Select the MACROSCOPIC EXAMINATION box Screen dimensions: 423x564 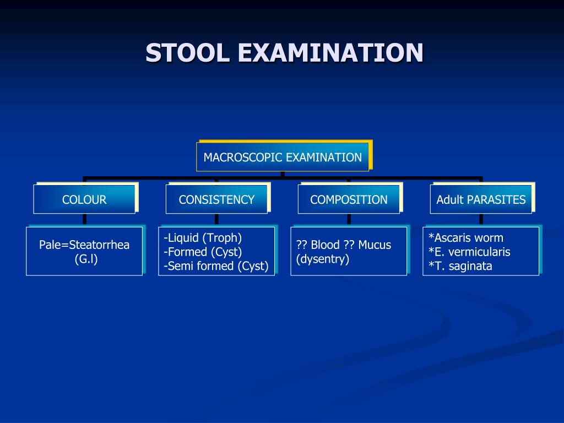283,157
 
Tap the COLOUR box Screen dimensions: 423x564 84,199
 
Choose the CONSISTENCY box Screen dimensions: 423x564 216,199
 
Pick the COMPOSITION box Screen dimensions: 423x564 349,199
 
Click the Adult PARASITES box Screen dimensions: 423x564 481,199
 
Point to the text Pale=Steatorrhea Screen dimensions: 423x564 84,245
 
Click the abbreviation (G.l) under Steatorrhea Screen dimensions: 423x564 86,259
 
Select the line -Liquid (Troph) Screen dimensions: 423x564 203,238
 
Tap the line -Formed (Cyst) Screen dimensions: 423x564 203,252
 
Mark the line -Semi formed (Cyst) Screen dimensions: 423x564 216,267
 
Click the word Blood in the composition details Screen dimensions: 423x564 325,245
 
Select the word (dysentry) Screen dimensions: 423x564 323,259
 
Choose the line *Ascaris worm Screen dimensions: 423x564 466,238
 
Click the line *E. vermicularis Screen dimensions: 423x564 469,252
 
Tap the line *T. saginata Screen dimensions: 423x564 460,267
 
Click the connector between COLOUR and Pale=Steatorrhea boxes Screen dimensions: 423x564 84,219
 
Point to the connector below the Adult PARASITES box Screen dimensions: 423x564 481,219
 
